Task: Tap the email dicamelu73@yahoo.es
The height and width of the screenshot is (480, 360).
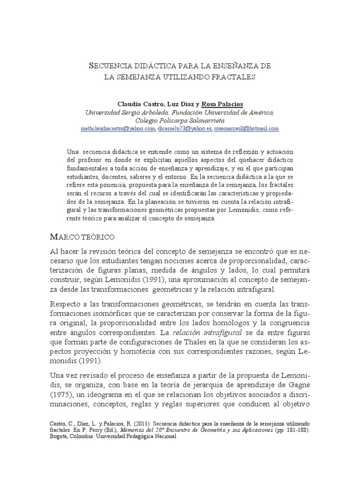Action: pos(184,128)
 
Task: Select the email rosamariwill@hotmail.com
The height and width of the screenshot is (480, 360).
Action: pos(246,128)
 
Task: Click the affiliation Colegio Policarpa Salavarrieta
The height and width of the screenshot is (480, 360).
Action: pos(180,120)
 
